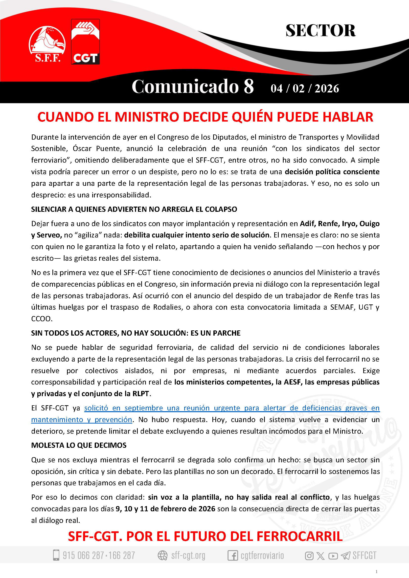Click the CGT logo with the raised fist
(x=85, y=42)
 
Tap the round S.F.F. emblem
(x=47, y=44)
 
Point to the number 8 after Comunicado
(x=249, y=86)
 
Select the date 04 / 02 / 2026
(x=305, y=89)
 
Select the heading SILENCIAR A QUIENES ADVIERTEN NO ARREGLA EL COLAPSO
(x=134, y=209)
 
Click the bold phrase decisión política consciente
(x=332, y=172)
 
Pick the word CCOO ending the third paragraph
(x=42, y=319)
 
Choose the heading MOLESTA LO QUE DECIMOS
(x=79, y=445)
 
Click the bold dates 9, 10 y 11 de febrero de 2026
(x=165, y=509)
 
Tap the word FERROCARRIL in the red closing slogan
(x=299, y=536)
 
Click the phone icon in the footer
(x=56, y=555)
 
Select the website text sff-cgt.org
(x=188, y=555)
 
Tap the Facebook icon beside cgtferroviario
(x=232, y=555)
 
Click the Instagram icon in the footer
(x=309, y=556)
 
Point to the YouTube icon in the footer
(x=333, y=556)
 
